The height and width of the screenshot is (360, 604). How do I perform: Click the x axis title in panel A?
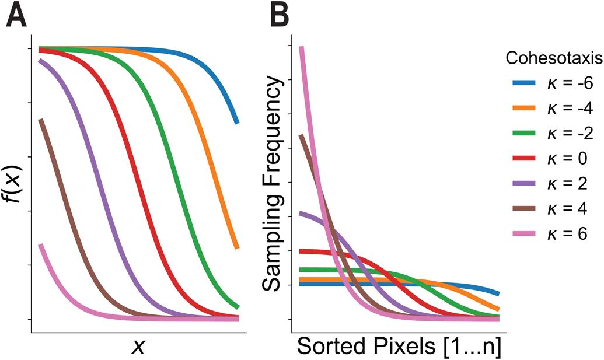(x=138, y=346)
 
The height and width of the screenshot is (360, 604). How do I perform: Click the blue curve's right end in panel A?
(x=236, y=122)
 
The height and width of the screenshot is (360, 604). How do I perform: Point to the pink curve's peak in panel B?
(x=301, y=48)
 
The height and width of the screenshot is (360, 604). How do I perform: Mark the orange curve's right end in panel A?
(x=236, y=247)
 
